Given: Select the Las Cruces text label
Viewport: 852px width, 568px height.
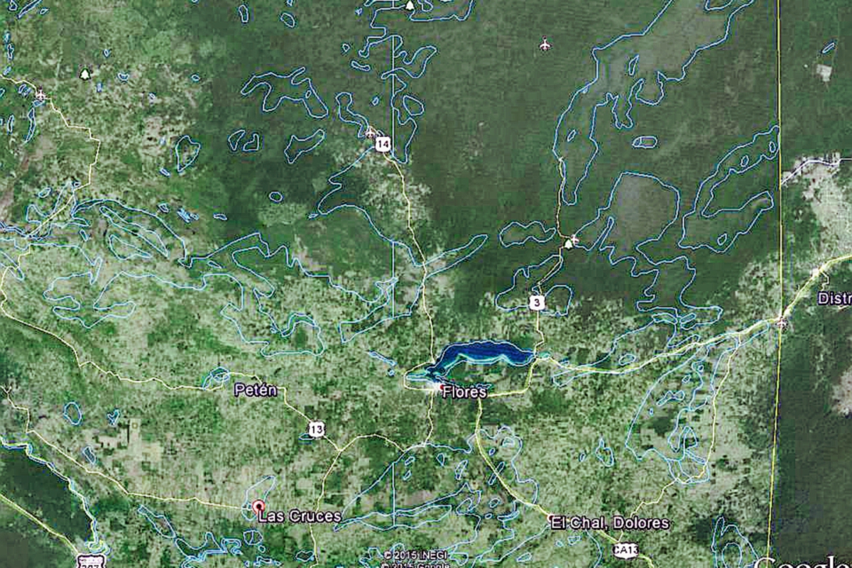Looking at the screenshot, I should click(300, 516).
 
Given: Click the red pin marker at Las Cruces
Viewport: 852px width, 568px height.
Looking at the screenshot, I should click(258, 507).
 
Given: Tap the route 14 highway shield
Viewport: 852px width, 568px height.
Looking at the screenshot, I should click(383, 145).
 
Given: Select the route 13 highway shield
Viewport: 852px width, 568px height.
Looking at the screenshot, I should click(317, 428).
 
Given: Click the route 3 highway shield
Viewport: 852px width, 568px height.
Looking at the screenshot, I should click(537, 303).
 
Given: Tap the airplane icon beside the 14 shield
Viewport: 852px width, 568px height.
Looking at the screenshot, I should click(371, 132).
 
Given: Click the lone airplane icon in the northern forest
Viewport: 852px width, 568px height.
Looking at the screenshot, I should click(545, 45).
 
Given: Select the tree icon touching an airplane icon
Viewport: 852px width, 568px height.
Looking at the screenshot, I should click(568, 244).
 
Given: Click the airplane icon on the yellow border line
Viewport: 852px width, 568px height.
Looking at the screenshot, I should click(781, 323).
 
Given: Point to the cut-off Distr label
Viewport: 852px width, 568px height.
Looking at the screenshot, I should click(834, 298).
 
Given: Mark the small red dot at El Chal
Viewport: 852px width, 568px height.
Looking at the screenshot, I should click(551, 517).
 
